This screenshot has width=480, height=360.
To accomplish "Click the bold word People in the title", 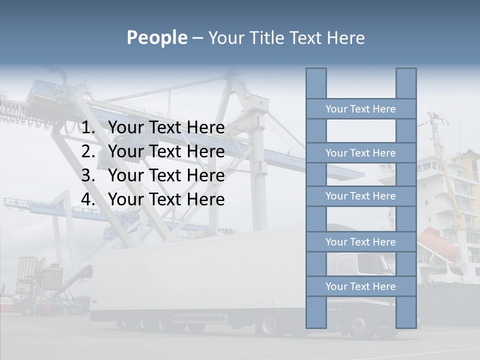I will click(156, 37).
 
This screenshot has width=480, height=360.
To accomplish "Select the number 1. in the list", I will click(88, 128).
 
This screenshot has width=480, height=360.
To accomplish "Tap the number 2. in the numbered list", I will click(88, 151).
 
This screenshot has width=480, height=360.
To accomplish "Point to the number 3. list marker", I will click(88, 175).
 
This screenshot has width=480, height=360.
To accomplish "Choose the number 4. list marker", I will click(88, 199).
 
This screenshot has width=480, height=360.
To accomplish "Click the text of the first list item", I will click(166, 128).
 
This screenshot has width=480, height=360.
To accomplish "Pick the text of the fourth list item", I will click(166, 199).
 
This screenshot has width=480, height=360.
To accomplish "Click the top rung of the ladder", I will click(360, 109).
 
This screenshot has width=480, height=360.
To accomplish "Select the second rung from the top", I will click(360, 153).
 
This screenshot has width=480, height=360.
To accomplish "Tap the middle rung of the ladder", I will click(360, 196).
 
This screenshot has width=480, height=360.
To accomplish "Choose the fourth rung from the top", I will click(360, 242).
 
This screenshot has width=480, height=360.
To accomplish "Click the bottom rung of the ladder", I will click(360, 286).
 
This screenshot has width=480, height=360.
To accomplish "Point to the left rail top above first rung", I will click(316, 83).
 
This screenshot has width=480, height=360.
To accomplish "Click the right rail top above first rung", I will click(406, 83).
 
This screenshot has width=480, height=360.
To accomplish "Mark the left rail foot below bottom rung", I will click(316, 312).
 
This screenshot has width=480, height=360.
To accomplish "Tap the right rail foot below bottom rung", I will click(406, 312).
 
